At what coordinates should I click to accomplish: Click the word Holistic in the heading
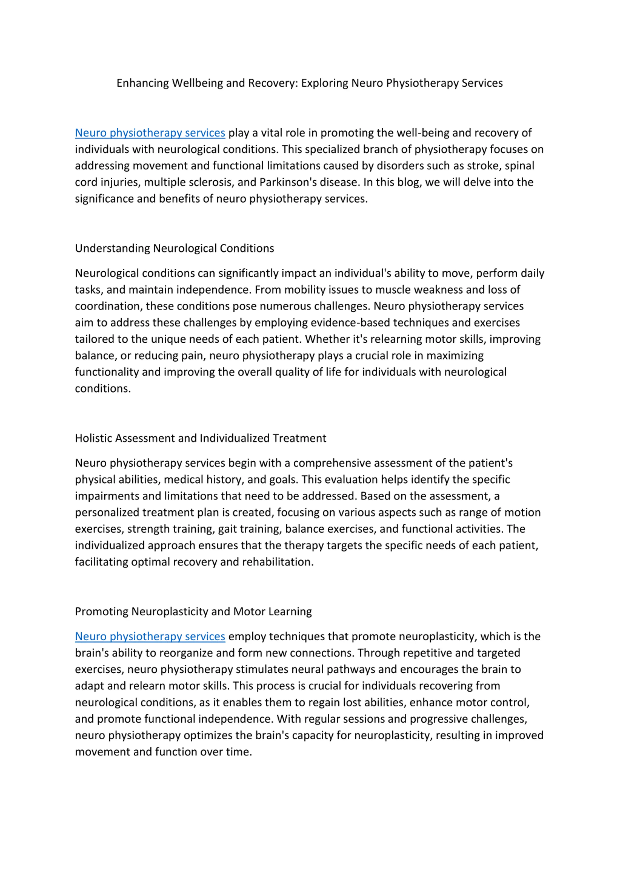pos(93,438)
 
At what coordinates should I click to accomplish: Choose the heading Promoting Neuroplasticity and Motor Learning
pos(193,612)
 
